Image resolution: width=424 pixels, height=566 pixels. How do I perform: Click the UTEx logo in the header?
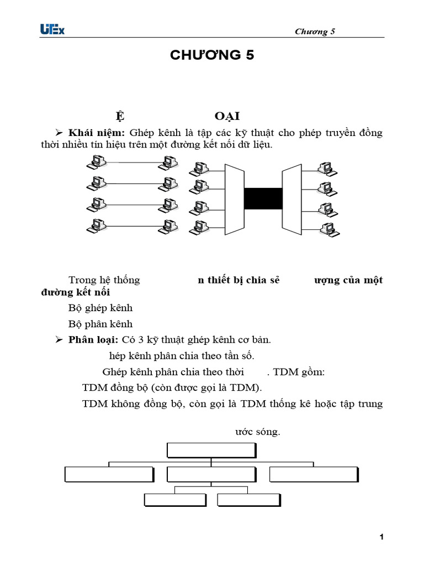pyautogui.click(x=52, y=29)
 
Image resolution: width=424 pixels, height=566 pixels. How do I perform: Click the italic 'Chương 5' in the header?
pyautogui.click(x=315, y=32)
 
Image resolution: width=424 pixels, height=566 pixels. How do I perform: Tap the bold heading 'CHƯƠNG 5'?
pyautogui.click(x=211, y=55)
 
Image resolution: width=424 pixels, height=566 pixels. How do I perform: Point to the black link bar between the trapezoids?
pyautogui.click(x=263, y=198)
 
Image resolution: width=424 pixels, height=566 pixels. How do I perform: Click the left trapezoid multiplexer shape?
pyautogui.click(x=234, y=197)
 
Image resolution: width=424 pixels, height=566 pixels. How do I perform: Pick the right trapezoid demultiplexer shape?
pyautogui.click(x=292, y=197)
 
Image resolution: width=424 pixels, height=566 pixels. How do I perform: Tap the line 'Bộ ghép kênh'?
pyautogui.click(x=100, y=308)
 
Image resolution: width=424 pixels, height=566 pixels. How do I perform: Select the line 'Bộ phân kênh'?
pyautogui.click(x=100, y=324)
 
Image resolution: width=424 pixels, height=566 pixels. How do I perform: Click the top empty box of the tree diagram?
pyautogui.click(x=211, y=450)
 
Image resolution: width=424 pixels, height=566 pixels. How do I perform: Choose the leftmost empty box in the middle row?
pyautogui.click(x=109, y=474)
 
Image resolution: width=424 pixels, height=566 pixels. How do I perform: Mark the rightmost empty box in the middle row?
pyautogui.click(x=314, y=474)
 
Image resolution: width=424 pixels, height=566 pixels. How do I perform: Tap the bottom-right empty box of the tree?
pyautogui.click(x=249, y=500)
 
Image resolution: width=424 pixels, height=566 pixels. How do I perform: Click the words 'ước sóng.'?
pyautogui.click(x=258, y=432)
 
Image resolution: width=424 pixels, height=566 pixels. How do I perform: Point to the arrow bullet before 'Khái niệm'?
pyautogui.click(x=60, y=133)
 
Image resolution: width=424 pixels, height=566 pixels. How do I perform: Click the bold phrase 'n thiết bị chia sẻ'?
pyautogui.click(x=239, y=280)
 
